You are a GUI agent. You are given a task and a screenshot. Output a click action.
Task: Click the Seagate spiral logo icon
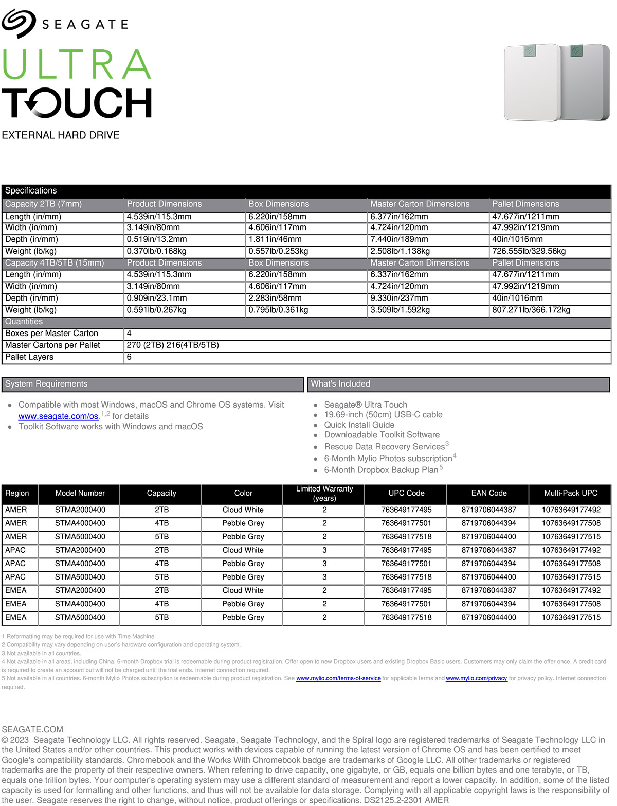(19, 23)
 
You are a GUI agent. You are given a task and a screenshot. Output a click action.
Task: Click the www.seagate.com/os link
(58, 416)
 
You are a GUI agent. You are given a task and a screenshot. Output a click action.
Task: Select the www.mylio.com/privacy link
(476, 678)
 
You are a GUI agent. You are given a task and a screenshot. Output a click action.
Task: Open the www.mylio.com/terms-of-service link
(338, 678)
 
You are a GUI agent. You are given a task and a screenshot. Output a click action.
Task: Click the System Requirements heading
(46, 384)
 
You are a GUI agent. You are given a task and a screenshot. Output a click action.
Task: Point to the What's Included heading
(340, 384)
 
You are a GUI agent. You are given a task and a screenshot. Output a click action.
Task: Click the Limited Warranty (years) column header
(324, 494)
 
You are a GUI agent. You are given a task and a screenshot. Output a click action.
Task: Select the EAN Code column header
(489, 493)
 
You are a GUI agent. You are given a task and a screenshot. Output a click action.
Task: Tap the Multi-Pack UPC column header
(571, 493)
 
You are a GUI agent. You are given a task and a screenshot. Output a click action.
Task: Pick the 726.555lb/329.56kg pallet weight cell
(529, 251)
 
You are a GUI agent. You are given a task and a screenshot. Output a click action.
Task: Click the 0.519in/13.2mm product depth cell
(157, 239)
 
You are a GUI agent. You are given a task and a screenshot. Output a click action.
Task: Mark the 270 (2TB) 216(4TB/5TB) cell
(173, 345)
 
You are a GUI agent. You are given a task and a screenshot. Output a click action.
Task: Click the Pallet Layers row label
(29, 357)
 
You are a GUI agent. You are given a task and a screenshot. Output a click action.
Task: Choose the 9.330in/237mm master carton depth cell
(399, 299)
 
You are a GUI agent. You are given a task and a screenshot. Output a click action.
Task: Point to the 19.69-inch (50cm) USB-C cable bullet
(383, 415)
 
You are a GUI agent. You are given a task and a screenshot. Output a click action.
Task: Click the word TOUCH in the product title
(77, 103)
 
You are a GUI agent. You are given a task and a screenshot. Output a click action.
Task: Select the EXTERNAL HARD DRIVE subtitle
(61, 135)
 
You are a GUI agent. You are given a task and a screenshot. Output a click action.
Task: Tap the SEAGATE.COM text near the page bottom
(32, 729)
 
